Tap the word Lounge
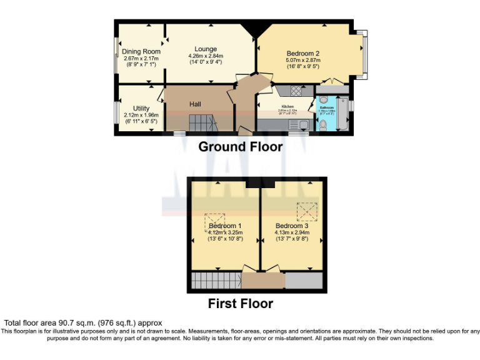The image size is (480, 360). [205, 49]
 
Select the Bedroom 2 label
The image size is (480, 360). [303, 53]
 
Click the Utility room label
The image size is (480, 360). [141, 109]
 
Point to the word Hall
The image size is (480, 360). [196, 104]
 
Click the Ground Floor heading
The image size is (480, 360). [240, 147]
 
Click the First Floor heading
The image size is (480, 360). [240, 304]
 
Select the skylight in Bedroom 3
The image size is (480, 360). [306, 211]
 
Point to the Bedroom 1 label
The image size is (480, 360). [225, 226]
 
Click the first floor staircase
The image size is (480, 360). [216, 280]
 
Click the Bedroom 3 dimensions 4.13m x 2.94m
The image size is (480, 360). [292, 232]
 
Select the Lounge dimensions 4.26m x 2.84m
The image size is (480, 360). [205, 56]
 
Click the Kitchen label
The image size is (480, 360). [287, 107]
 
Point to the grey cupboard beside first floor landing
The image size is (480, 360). [304, 281]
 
